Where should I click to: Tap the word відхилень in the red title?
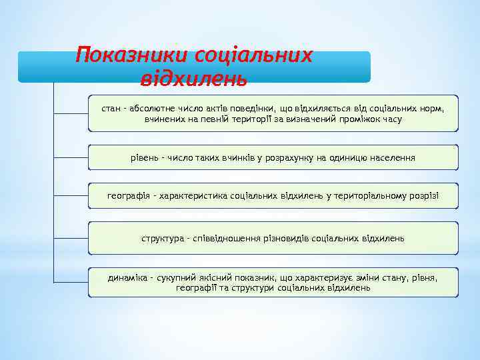(194, 79)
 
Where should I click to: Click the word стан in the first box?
(111, 108)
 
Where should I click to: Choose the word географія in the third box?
(127, 197)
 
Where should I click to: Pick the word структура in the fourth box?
(161, 238)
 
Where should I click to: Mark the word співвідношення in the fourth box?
(225, 238)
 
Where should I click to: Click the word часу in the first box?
(391, 119)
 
